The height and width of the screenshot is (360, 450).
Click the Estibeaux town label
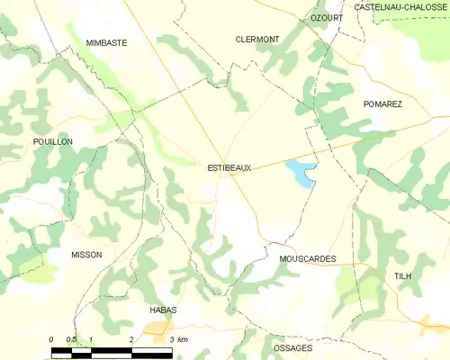229,167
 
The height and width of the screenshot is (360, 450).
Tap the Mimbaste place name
106,42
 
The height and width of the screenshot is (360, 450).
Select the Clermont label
257,40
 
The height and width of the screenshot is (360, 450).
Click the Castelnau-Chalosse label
401,7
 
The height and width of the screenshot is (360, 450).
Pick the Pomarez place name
382,104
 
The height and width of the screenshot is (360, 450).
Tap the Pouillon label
52,142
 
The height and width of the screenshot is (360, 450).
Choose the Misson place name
86,255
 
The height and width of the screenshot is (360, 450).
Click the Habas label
163,310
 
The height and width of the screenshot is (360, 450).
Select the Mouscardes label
308,259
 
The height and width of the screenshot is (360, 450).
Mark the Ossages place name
292,347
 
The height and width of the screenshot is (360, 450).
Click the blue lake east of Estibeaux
301,172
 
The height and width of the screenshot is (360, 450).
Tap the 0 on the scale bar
51,339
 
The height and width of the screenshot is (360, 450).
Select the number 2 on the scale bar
132,339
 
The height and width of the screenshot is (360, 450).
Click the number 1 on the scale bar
92,339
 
